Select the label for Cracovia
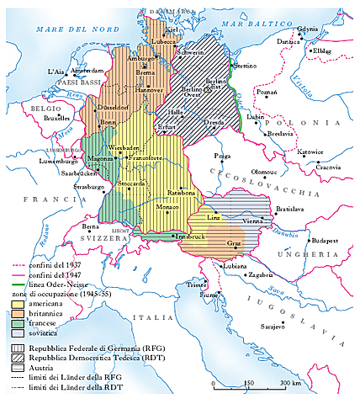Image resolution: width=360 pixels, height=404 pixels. [329, 167]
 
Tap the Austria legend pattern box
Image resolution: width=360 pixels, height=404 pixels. [18, 365]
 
